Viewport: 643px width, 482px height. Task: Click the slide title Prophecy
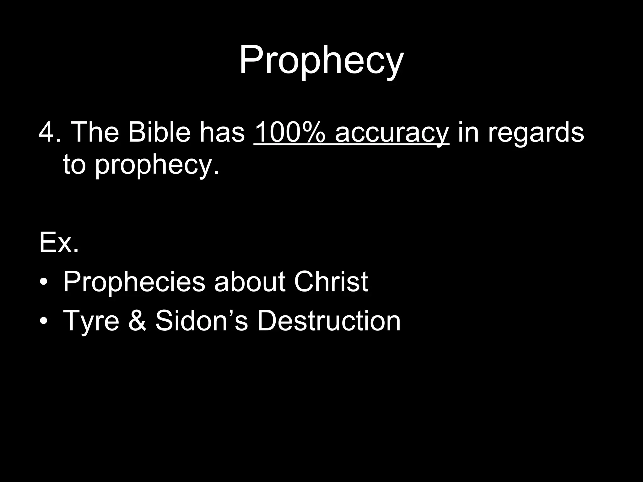(321, 60)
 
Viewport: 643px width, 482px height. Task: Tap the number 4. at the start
(50, 132)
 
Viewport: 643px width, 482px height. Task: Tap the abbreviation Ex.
(59, 243)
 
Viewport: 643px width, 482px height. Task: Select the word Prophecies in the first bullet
(134, 282)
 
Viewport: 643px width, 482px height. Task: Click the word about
(250, 282)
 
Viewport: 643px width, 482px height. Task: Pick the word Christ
(331, 282)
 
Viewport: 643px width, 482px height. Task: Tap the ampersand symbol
(137, 321)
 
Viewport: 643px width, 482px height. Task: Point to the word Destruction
(329, 321)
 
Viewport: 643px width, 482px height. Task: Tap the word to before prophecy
(74, 164)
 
